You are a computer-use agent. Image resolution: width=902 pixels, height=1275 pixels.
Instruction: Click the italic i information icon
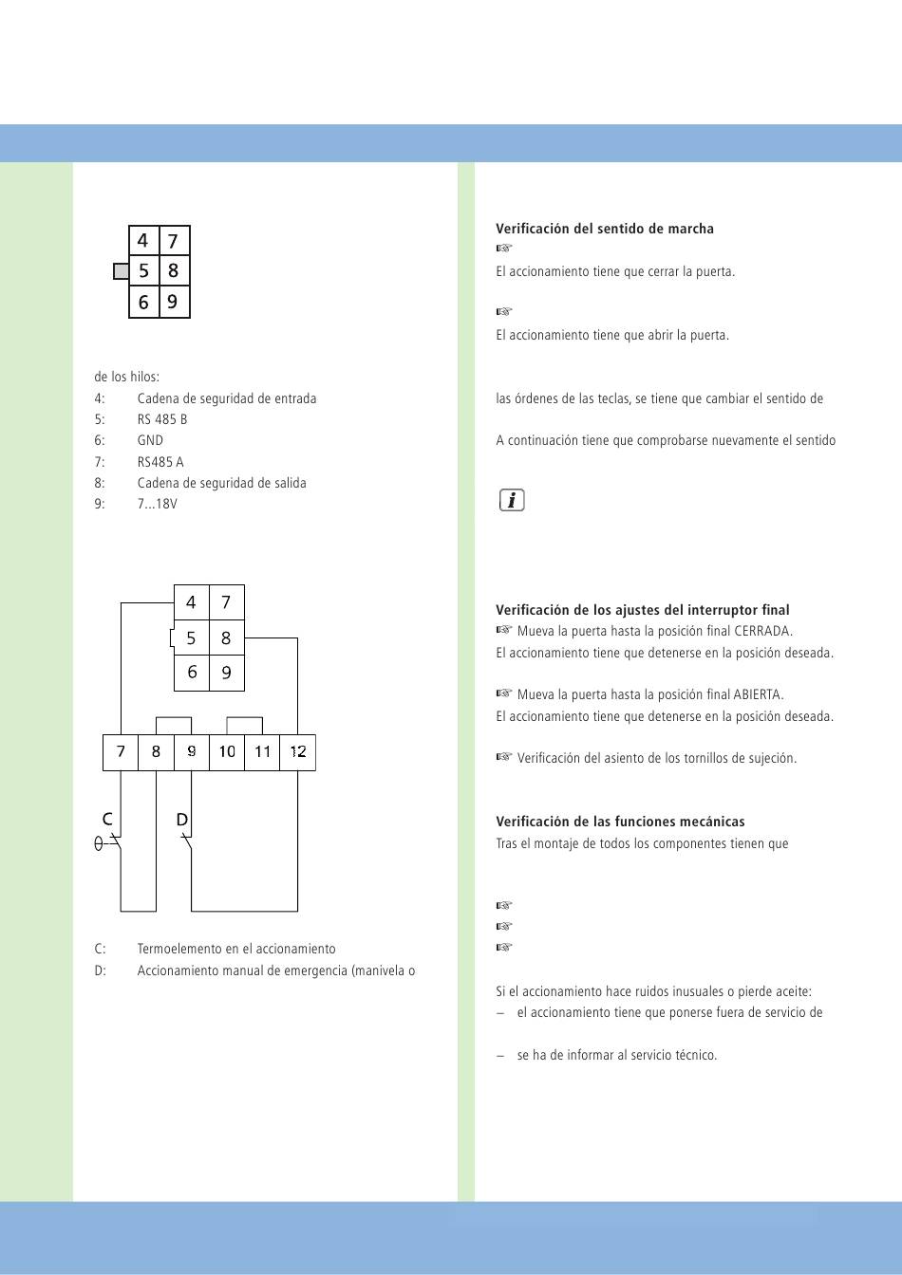512,500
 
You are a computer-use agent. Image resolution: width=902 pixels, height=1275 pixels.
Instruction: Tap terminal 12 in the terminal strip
298,752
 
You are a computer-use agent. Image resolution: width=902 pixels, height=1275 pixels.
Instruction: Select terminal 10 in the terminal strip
227,752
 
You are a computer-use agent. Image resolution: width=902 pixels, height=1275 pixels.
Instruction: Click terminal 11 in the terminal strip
263,752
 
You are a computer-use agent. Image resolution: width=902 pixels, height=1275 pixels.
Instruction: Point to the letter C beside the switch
107,819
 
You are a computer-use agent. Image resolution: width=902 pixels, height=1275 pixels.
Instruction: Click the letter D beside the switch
181,820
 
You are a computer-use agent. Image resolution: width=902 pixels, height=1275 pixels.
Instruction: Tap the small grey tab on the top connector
121,271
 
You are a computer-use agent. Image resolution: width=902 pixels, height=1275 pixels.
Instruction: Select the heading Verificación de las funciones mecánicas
620,822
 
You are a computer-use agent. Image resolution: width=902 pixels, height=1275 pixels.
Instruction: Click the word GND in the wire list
150,440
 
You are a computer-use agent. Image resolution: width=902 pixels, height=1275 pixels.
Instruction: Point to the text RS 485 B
162,419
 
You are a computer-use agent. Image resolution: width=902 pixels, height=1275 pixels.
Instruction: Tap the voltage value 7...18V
157,504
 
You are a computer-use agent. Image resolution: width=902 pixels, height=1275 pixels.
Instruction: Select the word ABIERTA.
759,694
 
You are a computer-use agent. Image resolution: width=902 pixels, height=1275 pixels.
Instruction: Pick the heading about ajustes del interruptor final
642,610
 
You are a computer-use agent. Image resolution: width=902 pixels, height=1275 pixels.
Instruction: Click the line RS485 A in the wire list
160,462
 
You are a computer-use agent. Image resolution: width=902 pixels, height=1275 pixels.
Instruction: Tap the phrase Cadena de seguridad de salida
221,483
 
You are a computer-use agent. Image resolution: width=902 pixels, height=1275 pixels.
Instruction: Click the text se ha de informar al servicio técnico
616,1055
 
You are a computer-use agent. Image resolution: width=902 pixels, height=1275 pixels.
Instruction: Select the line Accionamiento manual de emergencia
275,970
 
